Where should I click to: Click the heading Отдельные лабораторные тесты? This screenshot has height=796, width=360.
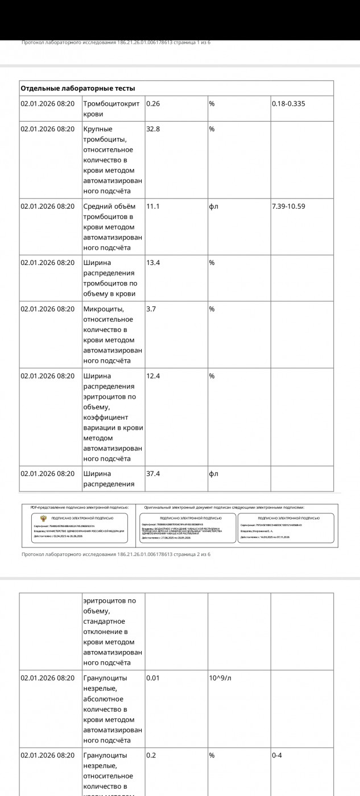pos(78,88)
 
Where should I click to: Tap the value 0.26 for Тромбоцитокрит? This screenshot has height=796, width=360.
pos(153,103)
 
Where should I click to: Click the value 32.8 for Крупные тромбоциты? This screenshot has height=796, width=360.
pos(153,129)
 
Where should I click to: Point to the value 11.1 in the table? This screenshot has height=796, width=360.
pos(152,206)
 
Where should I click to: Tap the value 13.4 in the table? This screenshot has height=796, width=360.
pos(153,263)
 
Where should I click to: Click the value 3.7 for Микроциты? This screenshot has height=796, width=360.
pos(151,309)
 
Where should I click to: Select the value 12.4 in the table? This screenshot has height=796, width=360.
pos(153,376)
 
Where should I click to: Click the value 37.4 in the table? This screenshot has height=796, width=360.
pos(153,474)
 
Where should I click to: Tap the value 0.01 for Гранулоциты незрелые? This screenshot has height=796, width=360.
pos(153,678)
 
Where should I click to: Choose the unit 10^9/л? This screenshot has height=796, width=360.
pos(220,678)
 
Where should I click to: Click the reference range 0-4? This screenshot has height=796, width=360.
pos(277,756)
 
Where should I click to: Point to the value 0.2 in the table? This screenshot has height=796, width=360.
pos(151,756)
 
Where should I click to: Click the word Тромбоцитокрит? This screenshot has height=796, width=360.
pos(111,103)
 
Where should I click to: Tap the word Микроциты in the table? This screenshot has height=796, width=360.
pos(104,309)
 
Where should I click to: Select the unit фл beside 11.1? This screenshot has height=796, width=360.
pos(214,206)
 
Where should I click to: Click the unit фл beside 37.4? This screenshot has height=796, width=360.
pos(214,474)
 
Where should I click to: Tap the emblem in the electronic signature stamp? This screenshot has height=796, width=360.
pos(43,518)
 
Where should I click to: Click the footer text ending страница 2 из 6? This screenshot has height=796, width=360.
pos(116,554)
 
